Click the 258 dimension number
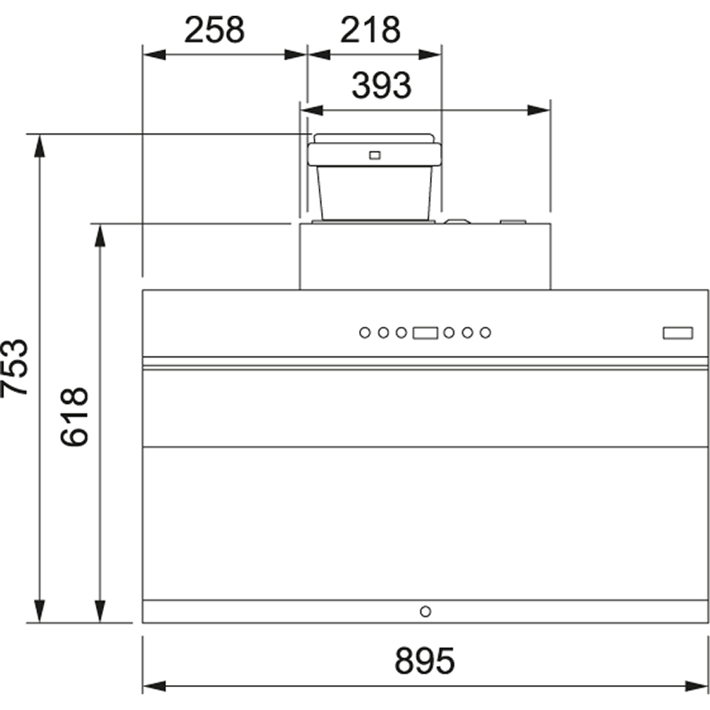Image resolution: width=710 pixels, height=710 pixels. pos(215,31)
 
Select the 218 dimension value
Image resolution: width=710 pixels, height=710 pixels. pos(370,31)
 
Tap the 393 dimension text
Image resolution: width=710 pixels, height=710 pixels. pos(381,85)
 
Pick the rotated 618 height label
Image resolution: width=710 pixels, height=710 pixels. pos(75,417)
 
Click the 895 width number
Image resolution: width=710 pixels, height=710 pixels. pos(424,660)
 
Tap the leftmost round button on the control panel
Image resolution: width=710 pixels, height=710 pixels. pos(364,333)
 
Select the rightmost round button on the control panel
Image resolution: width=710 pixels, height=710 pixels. pos(485,333)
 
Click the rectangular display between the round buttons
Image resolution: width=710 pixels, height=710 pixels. pos(425,333)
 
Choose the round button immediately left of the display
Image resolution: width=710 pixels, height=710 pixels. pos(402,333)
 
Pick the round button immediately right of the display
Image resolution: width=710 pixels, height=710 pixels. pos(448,333)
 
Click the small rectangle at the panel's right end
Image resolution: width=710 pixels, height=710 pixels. pos(677,333)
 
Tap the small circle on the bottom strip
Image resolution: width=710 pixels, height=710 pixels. pos(425,611)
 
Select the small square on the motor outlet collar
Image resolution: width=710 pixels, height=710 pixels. pos(374,154)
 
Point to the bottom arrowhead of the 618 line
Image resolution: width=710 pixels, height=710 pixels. pos(100,614)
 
